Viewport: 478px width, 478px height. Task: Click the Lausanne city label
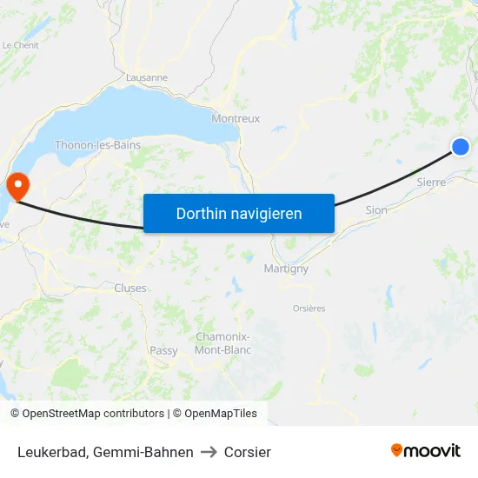[x=147, y=77]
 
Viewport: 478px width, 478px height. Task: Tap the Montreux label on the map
[x=236, y=119]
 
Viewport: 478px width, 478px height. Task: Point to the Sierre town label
[x=431, y=183]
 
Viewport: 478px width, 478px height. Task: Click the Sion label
[x=376, y=210]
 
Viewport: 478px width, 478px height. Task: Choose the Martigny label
[x=286, y=269]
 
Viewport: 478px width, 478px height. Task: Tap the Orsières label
[x=309, y=309]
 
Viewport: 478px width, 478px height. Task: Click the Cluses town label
[x=130, y=289]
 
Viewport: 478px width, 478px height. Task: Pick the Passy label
[x=163, y=351]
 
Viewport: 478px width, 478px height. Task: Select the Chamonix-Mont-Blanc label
[x=223, y=343]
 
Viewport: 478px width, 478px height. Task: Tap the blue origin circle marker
[x=461, y=147]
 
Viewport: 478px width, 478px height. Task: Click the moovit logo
[x=425, y=451]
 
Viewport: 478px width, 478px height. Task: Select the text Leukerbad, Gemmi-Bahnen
[x=105, y=452]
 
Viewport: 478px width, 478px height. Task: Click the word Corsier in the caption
[x=248, y=452]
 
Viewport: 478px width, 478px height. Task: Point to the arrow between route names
[x=209, y=452]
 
